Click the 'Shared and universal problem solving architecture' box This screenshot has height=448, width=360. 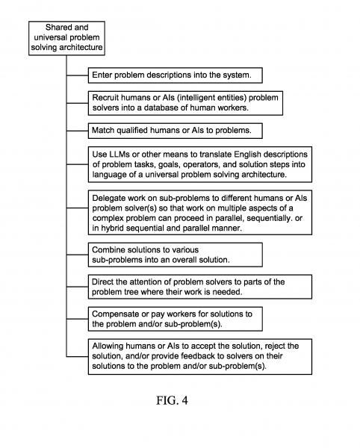tap(66, 38)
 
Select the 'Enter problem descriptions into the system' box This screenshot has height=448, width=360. tap(175, 75)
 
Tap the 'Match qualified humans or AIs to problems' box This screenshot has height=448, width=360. tap(175, 131)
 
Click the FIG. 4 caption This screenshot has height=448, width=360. tap(172, 400)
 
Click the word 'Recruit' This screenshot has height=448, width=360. tap(105, 98)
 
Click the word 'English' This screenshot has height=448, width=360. tap(248, 155)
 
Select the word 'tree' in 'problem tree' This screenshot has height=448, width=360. tap(128, 292)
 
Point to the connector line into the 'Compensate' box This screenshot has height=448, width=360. tap(78, 319)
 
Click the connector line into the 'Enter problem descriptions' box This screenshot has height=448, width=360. tap(78, 75)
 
